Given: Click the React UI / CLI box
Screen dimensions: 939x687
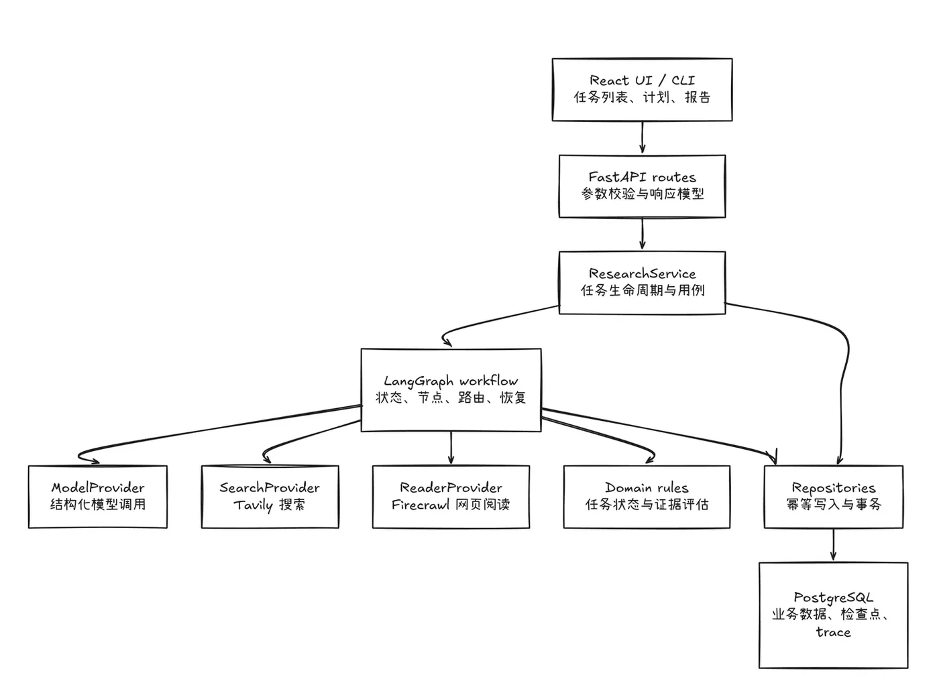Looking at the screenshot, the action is pos(643,90).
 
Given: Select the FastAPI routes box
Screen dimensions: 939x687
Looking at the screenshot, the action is pos(643,186).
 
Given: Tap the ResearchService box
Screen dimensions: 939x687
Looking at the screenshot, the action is pos(643,283).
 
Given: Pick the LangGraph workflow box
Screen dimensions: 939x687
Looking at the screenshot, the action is pos(451,390).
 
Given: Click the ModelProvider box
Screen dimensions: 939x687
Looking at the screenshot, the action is pos(98,497).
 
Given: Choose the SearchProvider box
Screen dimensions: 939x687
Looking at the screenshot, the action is pos(270,497).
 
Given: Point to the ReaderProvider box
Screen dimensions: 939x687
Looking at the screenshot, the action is pos(451,497).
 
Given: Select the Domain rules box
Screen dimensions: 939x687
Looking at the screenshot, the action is pos(647,497).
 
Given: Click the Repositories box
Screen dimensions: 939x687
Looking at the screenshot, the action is pos(833,497).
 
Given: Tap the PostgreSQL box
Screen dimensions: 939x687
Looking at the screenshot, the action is pos(833,615).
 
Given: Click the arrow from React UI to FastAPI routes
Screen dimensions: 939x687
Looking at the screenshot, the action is pos(643,137).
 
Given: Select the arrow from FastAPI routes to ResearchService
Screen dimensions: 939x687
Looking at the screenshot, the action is pos(643,233).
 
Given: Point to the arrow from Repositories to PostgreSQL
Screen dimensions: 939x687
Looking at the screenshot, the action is pos(833,544).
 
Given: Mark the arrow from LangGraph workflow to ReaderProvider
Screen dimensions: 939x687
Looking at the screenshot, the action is pos(451,448).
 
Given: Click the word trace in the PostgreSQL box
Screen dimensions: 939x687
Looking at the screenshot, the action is pos(833,631).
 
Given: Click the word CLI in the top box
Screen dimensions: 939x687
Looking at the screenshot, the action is pos(683,80).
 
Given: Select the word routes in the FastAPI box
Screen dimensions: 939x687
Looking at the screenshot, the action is pos(673,177).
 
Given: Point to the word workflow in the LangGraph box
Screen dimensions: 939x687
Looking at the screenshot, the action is pos(488,381).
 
